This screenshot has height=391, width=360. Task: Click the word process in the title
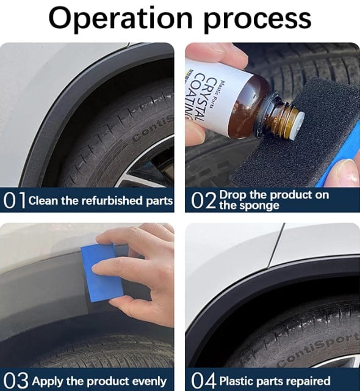click(x=258, y=20)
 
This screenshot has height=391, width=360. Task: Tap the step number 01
click(x=14, y=200)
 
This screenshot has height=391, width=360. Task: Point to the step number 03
click(x=15, y=379)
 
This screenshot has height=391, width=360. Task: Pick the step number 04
click(x=203, y=379)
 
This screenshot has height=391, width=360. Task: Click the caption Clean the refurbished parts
click(x=101, y=200)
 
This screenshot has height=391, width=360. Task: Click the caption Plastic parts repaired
click(x=273, y=380)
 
